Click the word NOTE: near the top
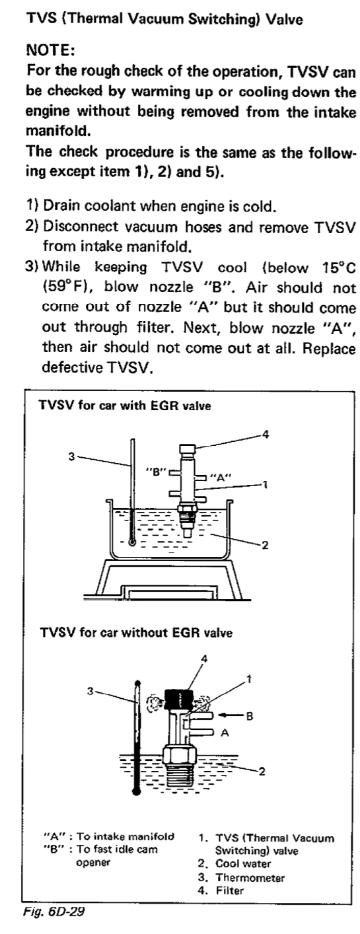pos(50,50)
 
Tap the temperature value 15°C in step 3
pos(339,268)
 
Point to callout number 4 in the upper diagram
pos(266,435)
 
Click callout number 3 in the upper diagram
pos(72,456)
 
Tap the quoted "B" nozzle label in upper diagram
pos(156,472)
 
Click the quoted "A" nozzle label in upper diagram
pos(221,478)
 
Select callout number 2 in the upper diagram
pos(264,545)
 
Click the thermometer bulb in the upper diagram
pos(132,542)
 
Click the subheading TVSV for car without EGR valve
pos(136,633)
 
